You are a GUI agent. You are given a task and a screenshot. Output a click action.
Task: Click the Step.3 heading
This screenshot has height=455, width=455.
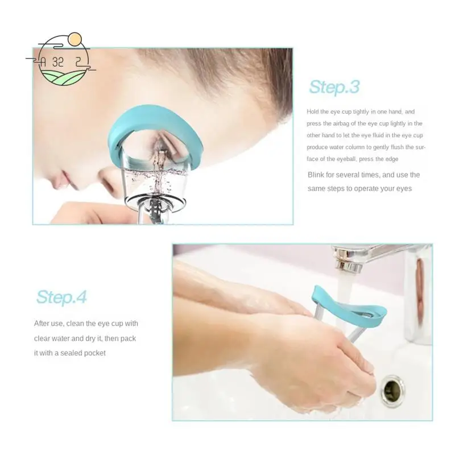point(334,87)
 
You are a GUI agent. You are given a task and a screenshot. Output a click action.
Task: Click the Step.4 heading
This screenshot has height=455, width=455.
point(61,297)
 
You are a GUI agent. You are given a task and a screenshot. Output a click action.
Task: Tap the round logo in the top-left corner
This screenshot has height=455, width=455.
point(61,59)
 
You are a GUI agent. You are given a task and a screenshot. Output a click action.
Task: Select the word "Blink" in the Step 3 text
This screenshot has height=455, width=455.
point(317,175)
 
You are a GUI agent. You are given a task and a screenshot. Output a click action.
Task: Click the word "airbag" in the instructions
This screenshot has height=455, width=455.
point(346,123)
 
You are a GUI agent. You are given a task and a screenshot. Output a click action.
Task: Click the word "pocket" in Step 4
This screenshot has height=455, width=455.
point(95,353)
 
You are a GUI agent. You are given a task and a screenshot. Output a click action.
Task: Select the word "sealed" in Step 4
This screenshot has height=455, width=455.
point(69,353)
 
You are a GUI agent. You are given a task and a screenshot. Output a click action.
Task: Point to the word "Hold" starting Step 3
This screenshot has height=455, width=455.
point(313,112)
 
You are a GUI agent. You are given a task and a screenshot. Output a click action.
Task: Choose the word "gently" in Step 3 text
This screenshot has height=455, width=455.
point(380,147)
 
